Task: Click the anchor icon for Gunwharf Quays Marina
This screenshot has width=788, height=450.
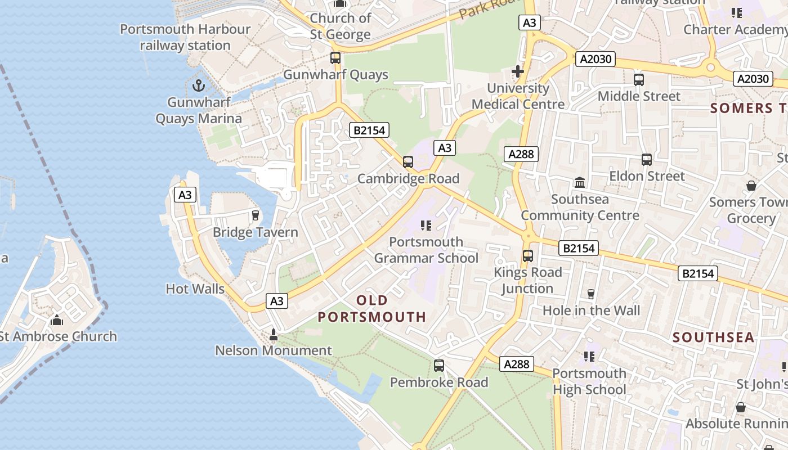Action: coord(198,85)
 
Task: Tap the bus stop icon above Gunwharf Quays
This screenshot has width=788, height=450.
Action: coord(335,57)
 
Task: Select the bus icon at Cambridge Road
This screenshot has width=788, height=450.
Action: coord(408,162)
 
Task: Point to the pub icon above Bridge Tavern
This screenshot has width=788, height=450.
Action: coord(255,215)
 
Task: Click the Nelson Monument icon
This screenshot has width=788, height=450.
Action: coord(274,335)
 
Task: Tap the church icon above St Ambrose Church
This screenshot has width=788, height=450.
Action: coord(56,320)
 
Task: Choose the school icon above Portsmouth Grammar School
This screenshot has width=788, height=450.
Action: coord(426,226)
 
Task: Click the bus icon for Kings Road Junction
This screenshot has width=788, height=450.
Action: coord(528,256)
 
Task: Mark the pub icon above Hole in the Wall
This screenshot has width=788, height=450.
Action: coord(591,294)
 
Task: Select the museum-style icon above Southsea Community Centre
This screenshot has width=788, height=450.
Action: coord(580,182)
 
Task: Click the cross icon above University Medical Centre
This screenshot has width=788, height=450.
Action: coord(518,71)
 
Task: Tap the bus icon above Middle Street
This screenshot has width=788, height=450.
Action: coord(639,80)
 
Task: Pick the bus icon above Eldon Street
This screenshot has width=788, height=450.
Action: coord(647,160)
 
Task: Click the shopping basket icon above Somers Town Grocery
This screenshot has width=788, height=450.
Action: coord(751,185)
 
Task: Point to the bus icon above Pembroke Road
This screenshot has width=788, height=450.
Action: coord(439,366)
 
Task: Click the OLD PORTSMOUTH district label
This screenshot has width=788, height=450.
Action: coord(372,308)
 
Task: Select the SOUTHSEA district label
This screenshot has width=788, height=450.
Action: coord(713,337)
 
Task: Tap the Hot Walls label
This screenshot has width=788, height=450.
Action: coord(195,289)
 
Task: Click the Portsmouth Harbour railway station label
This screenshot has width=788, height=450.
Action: coord(185,37)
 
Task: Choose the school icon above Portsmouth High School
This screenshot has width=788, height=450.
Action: coord(589,357)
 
